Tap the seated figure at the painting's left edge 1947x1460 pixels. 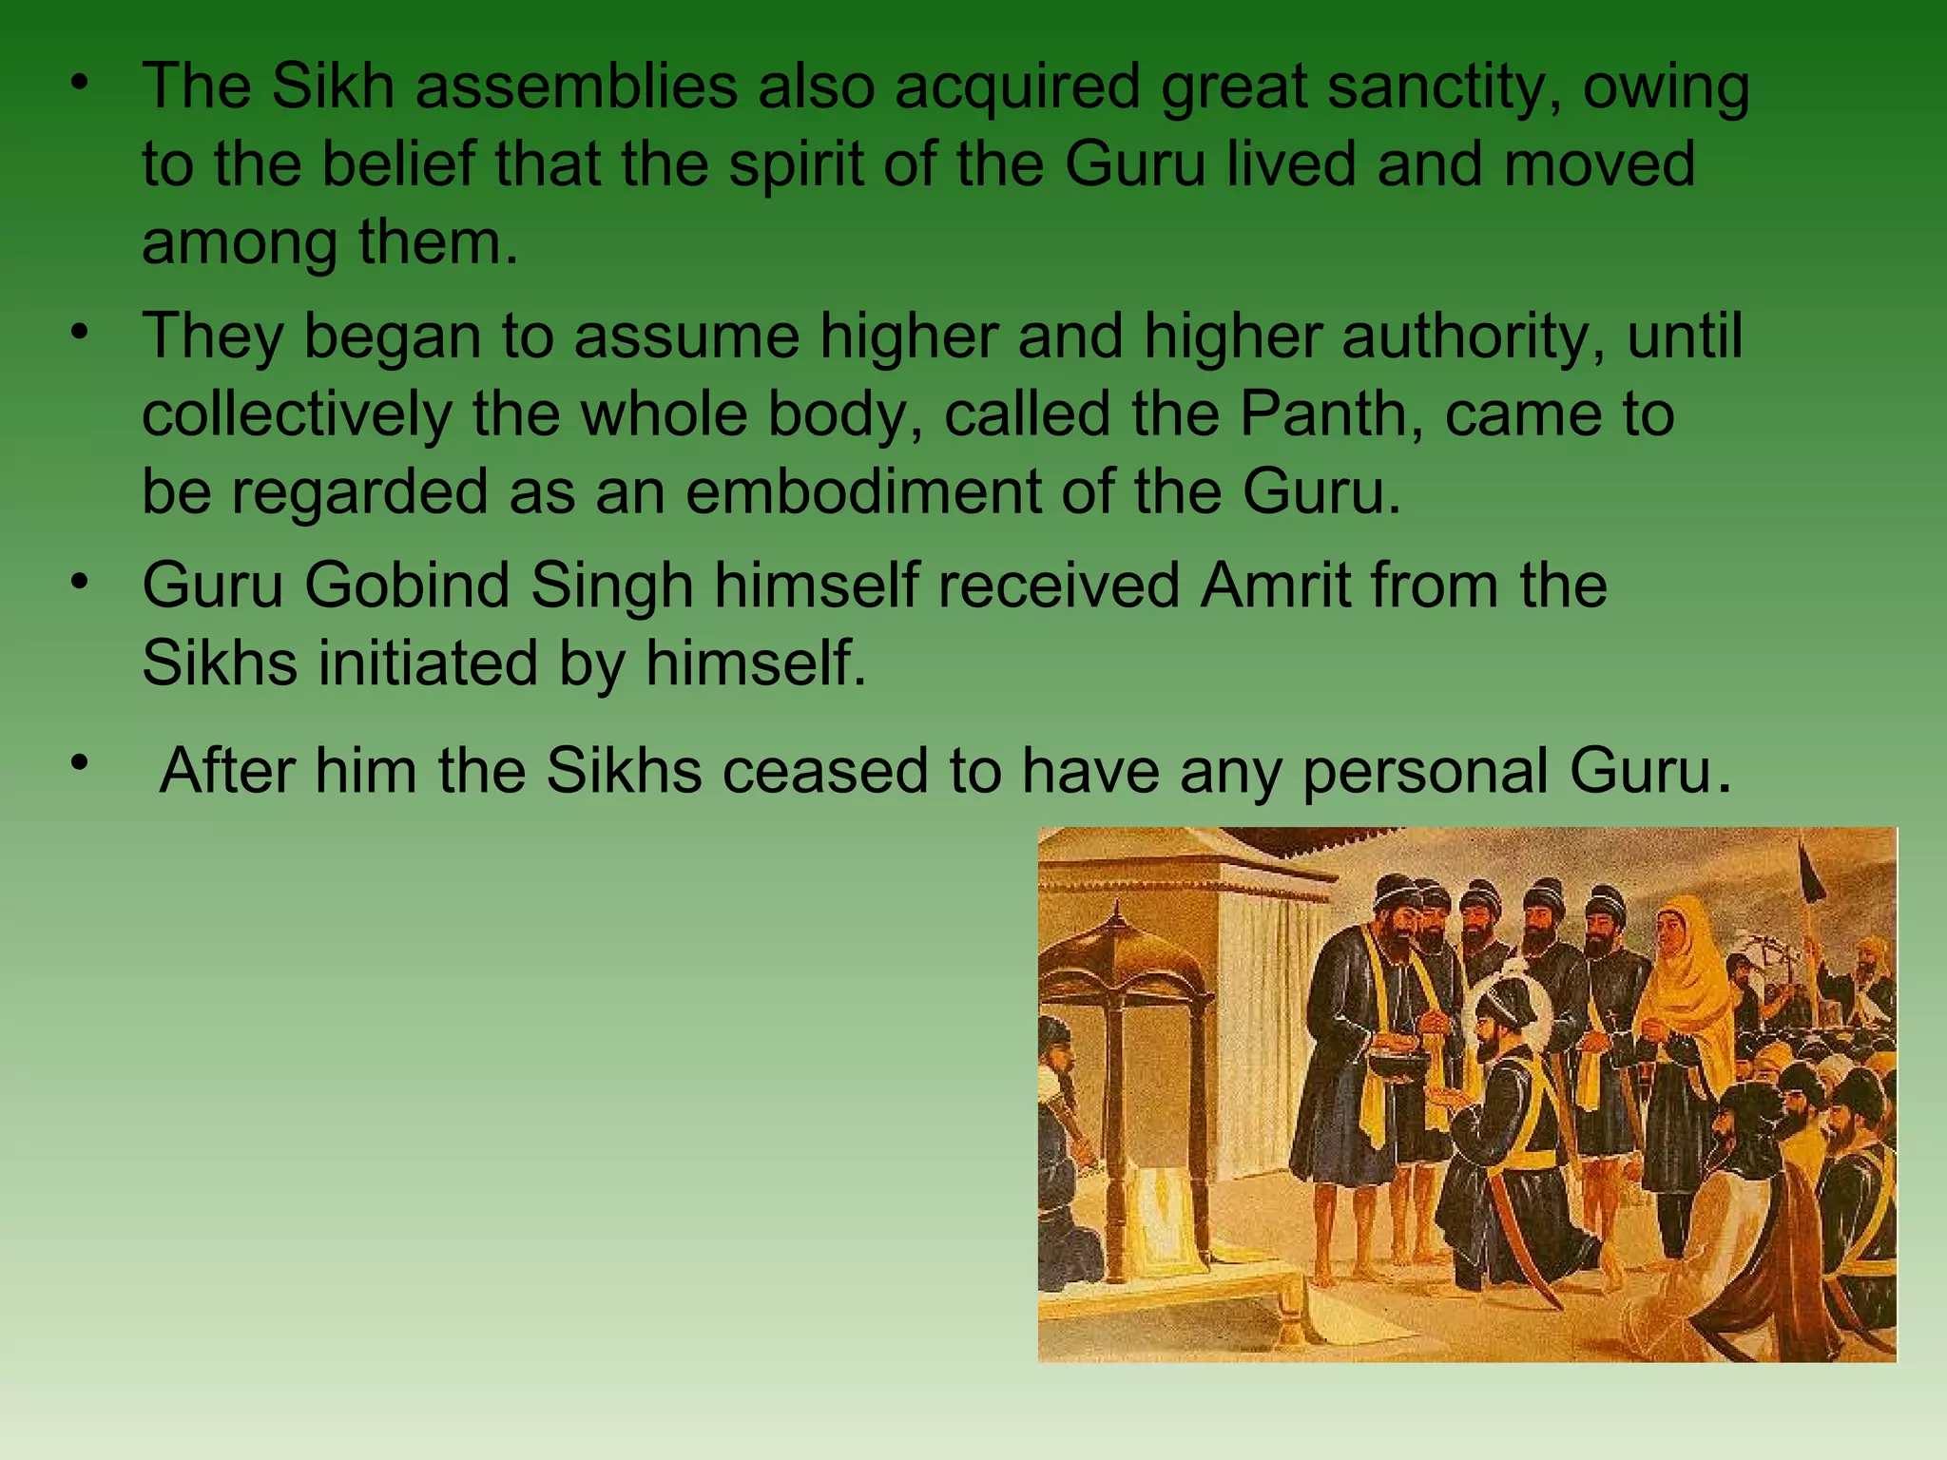(x=1060, y=1141)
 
